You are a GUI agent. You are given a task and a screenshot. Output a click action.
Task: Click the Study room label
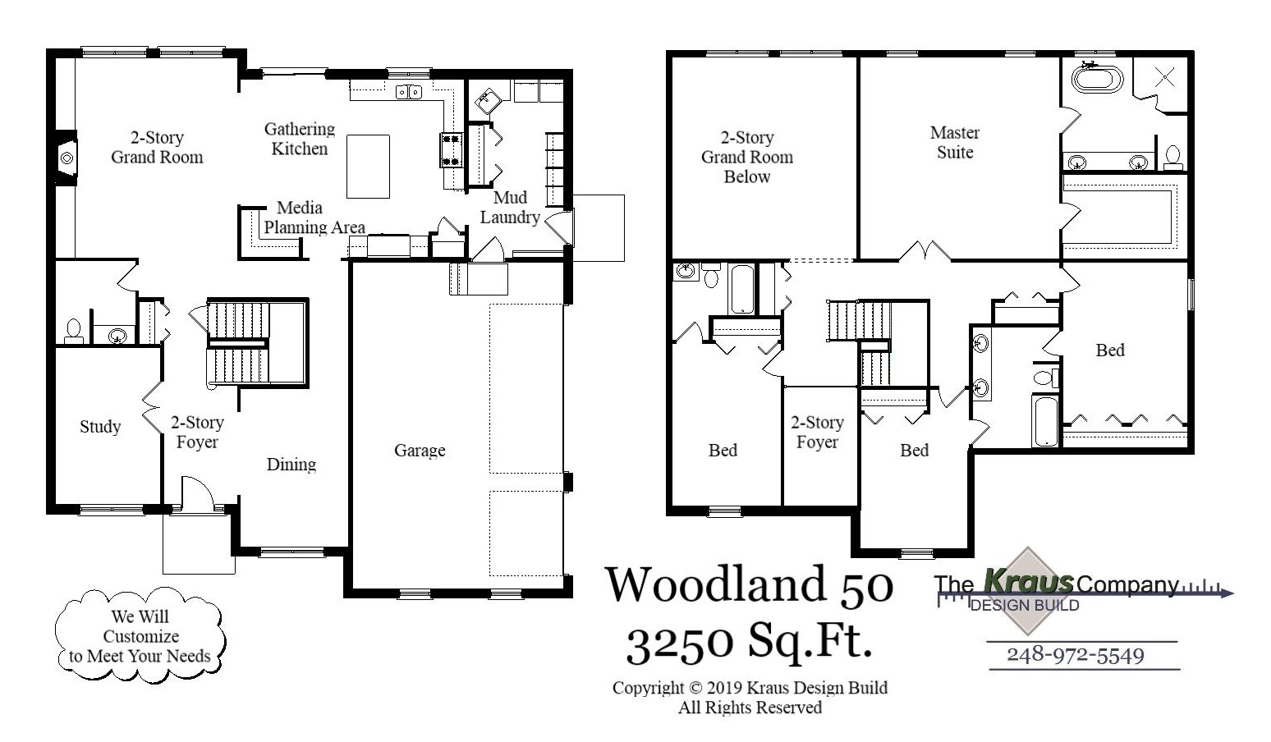tap(100, 427)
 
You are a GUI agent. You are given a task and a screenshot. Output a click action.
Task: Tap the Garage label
tap(420, 451)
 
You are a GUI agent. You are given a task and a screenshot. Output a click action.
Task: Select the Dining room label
tap(291, 465)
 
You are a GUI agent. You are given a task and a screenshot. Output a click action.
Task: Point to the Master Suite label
tap(955, 143)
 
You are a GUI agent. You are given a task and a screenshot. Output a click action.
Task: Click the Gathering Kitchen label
tap(300, 139)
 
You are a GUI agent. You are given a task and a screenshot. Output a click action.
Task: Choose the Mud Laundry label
tap(510, 208)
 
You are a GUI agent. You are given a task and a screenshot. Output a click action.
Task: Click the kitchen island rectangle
tap(368, 167)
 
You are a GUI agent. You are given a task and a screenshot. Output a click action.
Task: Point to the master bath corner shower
tap(1163, 78)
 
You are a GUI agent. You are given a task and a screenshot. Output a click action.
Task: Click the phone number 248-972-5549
tap(1075, 655)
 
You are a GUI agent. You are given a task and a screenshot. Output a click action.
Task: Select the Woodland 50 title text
tap(749, 585)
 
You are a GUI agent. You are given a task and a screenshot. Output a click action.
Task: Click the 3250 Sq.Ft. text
tap(749, 642)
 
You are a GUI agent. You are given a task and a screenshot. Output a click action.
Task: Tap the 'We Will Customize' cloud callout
tap(140, 635)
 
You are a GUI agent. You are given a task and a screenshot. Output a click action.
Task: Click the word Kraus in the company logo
tap(1028, 582)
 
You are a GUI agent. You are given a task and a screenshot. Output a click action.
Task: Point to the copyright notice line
tap(749, 688)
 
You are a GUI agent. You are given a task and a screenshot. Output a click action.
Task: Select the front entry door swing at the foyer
tap(197, 495)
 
